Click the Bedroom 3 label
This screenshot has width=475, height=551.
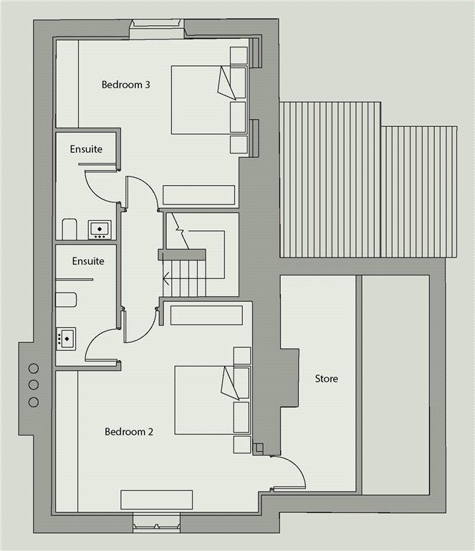point(125,85)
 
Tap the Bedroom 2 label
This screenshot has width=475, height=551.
point(129,431)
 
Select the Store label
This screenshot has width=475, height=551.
point(326,379)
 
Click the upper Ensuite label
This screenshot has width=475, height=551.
point(86,149)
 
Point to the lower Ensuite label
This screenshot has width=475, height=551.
point(88,261)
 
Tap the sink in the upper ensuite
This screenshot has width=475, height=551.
point(100,230)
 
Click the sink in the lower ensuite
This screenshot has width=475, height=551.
point(66,339)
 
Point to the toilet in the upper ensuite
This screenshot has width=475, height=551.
point(69,229)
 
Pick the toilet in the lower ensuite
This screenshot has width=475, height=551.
point(66,300)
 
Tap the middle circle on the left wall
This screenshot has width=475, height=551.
point(34,385)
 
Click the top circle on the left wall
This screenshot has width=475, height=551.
point(34,369)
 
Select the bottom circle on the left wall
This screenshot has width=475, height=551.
point(34,402)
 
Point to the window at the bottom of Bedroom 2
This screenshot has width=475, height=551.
point(156,522)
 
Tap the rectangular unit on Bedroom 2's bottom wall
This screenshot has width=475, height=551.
point(156,499)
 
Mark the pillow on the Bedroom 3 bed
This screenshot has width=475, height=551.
point(227,83)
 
